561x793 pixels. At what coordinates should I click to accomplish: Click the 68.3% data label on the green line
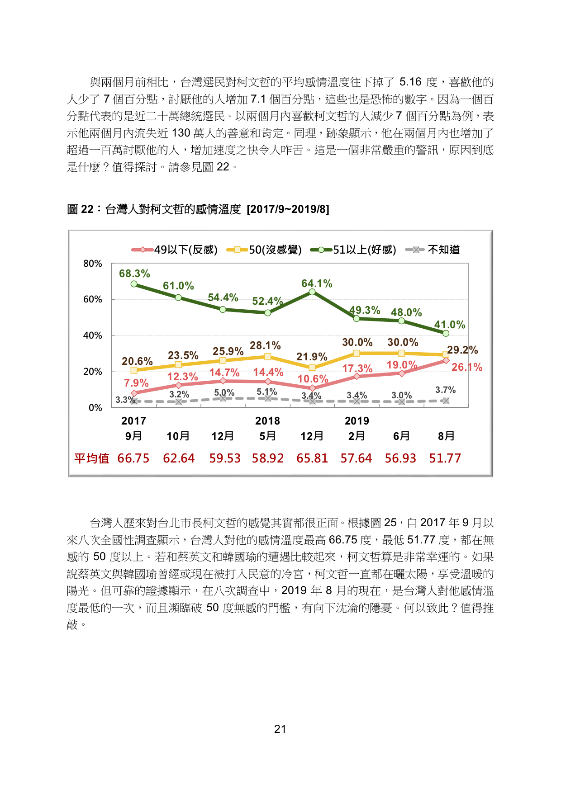[134, 274]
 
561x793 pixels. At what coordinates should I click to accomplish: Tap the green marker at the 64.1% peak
[312, 292]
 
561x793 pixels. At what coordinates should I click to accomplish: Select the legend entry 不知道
[433, 250]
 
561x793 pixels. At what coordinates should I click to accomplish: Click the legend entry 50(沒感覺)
[264, 250]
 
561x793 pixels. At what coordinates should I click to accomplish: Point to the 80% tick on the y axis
[93, 264]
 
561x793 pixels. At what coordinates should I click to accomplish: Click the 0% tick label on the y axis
[95, 408]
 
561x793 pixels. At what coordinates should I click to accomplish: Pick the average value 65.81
[312, 458]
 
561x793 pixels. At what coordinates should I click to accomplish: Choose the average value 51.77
[445, 458]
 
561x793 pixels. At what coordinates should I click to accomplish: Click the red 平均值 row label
[92, 458]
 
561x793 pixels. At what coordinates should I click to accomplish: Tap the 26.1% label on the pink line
[467, 367]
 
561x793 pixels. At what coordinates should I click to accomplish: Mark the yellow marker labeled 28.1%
[268, 357]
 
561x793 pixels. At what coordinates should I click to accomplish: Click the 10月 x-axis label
[178, 436]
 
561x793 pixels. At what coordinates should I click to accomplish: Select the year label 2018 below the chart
[267, 421]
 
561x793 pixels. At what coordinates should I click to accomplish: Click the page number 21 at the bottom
[280, 729]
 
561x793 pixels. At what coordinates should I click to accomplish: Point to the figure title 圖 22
[80, 209]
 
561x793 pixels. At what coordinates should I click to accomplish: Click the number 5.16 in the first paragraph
[410, 82]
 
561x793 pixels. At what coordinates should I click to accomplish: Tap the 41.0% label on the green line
[450, 325]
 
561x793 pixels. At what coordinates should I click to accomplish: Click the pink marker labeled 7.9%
[134, 393]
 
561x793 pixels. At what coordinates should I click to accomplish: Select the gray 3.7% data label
[446, 390]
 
